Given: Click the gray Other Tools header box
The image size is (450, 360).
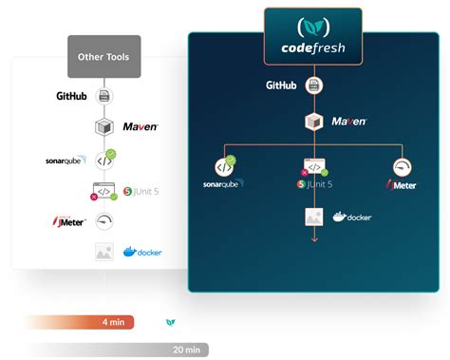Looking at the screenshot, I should (x=104, y=56).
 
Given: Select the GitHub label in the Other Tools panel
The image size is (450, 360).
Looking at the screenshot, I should (x=71, y=95).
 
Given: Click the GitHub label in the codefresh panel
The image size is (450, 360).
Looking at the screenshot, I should (x=281, y=85).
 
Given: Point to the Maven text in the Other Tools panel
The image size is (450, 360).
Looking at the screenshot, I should (x=141, y=126).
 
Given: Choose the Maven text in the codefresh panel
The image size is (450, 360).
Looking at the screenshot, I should (x=349, y=121).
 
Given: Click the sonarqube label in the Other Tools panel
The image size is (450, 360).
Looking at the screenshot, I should (x=66, y=160).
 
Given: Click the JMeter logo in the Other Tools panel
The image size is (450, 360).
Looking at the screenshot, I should (x=70, y=221).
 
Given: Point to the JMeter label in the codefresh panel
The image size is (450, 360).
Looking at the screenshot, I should (x=402, y=184).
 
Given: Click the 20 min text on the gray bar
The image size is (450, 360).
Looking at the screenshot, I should (x=186, y=351).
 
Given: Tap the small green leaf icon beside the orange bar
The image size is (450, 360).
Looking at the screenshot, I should (x=170, y=323).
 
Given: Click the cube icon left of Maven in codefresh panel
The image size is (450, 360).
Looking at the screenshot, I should (x=313, y=121).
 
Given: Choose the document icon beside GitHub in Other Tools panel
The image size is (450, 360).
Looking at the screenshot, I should (x=104, y=96).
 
